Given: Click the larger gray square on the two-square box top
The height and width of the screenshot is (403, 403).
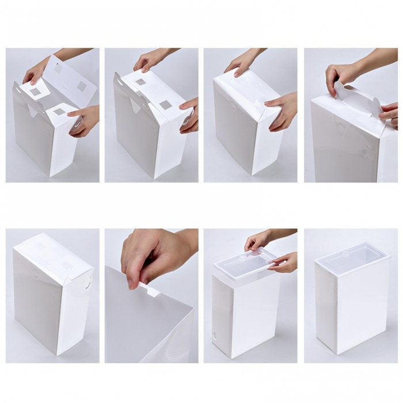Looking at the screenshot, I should click(165, 105).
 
